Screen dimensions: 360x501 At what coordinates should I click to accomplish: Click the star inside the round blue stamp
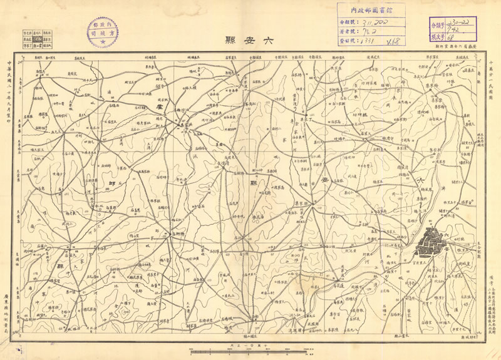point(101,41)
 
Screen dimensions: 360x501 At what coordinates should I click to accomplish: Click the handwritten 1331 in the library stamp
point(366,41)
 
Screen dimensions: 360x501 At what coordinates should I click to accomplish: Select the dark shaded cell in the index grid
point(37,38)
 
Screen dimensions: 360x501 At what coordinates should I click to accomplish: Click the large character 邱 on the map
point(113,183)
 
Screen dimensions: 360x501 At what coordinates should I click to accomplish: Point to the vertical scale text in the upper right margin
point(492,82)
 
